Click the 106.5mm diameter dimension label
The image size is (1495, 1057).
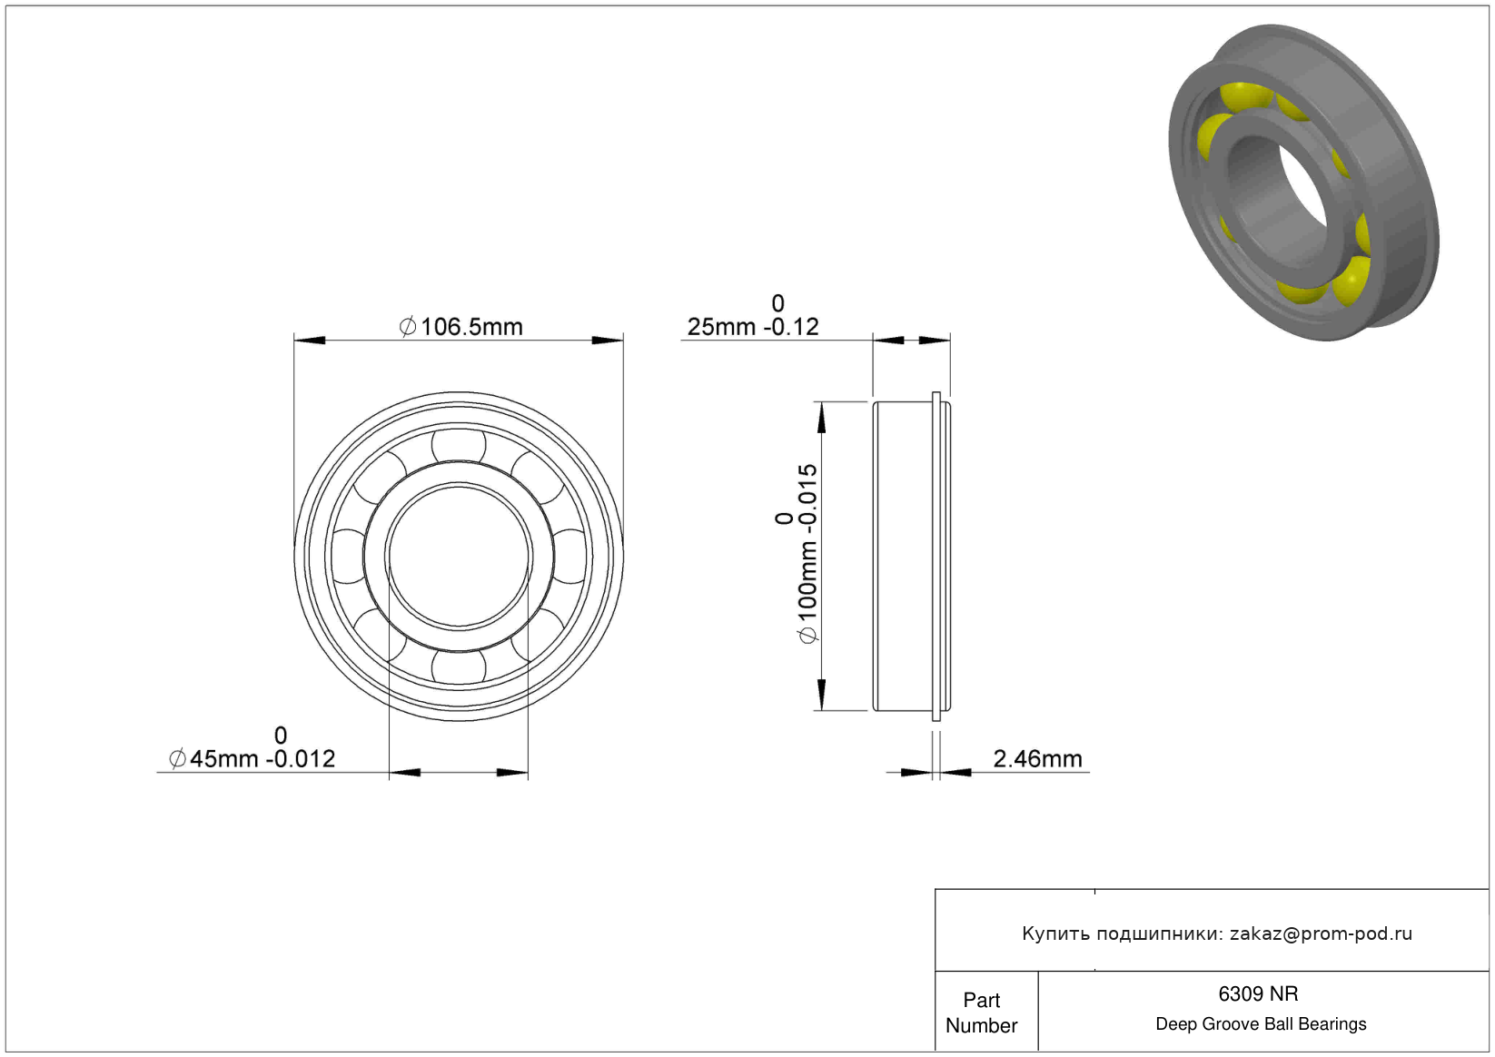coord(460,327)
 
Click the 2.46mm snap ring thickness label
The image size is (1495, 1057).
coord(1037,759)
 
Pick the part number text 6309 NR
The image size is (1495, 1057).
coord(1258,993)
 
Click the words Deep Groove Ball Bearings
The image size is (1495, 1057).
coord(1261,1023)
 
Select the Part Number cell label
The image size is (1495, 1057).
coord(981,1013)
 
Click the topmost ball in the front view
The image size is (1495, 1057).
coord(459,445)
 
